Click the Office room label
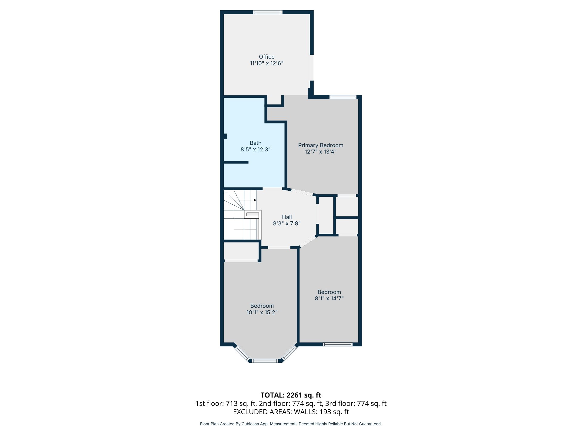tap(267, 57)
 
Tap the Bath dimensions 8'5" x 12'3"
tap(256, 150)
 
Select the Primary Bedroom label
tap(321, 145)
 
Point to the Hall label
tap(287, 217)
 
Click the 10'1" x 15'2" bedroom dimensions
tap(262, 312)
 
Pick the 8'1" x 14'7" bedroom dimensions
tap(329, 299)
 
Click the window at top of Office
tap(268, 12)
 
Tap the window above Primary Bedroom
tap(343, 97)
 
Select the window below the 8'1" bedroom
tap(338, 344)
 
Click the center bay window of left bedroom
tap(265, 361)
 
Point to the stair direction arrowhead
tap(255, 200)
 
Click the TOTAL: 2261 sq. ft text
tap(291, 395)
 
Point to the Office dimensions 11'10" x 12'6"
tap(267, 63)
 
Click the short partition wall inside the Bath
tap(236, 162)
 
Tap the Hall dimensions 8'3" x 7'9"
tap(287, 224)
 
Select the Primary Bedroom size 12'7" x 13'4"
tap(321, 152)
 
